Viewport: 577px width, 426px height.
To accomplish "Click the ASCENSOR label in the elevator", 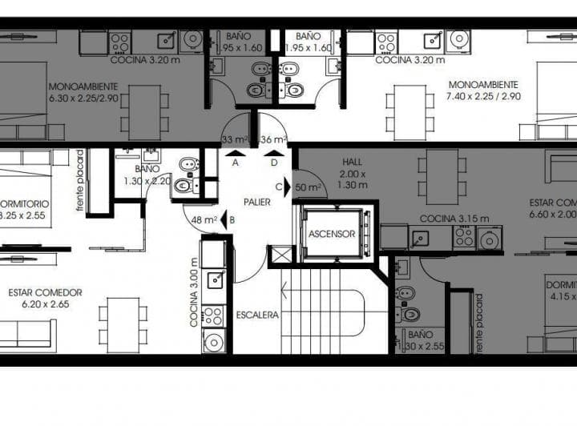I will [332, 235].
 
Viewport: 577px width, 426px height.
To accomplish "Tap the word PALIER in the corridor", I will [257, 202].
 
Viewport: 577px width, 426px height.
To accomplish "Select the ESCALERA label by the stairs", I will [257, 315].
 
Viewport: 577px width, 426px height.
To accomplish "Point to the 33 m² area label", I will [236, 139].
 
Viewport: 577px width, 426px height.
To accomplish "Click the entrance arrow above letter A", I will [236, 152].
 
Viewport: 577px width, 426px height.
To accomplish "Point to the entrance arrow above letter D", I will [275, 152].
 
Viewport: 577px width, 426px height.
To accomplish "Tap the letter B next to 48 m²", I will [231, 219].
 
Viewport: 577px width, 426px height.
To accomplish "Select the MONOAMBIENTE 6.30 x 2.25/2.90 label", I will [83, 92].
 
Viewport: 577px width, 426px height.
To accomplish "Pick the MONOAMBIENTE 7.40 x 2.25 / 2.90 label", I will [483, 90].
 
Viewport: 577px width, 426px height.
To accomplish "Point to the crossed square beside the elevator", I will [283, 255].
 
